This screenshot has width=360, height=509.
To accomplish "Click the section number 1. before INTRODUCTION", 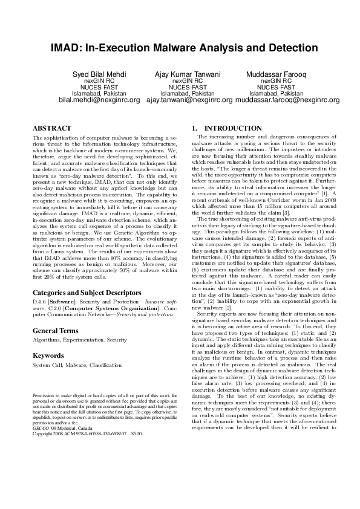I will coord(194,129).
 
